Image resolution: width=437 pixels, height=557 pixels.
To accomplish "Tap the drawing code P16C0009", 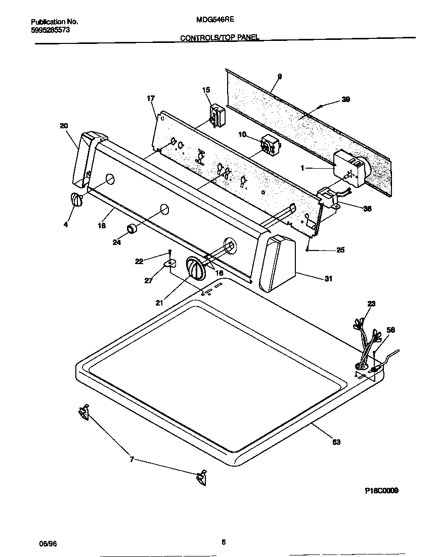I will coord(381,490).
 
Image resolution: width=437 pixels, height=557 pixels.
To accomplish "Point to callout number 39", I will coord(345,99).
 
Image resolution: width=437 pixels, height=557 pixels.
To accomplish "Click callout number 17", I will coord(151,98).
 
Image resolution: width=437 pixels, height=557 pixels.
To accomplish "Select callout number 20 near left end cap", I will coord(64,126).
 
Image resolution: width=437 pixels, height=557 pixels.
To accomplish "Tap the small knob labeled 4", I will coord(75,199).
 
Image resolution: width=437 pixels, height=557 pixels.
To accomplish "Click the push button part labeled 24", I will coord(133,229).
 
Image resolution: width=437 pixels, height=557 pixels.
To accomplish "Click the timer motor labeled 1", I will coord(350,168).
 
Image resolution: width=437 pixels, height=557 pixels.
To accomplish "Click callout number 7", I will coord(132,459).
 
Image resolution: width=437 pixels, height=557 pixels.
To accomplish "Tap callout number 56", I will coord(390,330).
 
